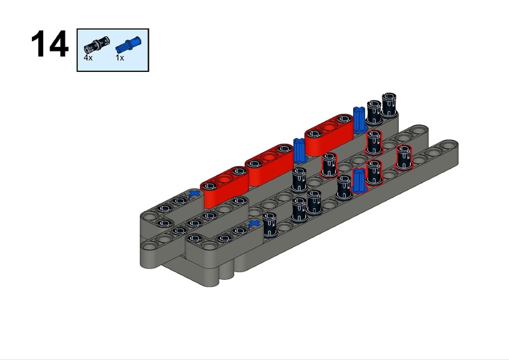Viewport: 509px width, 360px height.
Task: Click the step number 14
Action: pos(50,44)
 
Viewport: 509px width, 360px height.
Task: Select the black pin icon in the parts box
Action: pos(97,45)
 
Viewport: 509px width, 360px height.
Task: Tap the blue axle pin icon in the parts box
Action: pos(129,45)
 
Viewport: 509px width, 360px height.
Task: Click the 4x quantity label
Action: pos(88,58)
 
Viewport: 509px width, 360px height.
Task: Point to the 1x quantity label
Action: pos(120,58)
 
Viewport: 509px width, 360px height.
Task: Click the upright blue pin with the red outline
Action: pos(359,180)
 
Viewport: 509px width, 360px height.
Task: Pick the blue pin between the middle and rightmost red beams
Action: pos(299,150)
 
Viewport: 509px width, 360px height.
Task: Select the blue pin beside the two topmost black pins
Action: pos(359,120)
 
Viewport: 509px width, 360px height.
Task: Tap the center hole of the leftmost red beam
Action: pos(224,179)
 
